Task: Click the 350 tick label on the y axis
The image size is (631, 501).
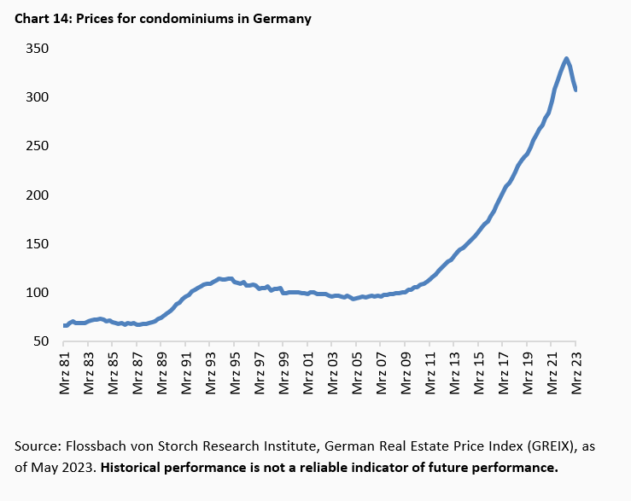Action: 36,49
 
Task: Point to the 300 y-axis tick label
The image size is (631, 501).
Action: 36,97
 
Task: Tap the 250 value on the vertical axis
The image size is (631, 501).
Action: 36,146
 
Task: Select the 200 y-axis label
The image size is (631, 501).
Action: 36,195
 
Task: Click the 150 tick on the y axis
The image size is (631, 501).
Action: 36,244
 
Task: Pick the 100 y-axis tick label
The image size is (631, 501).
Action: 36,293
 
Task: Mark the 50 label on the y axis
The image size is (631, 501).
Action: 39,341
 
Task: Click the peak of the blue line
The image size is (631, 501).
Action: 566,59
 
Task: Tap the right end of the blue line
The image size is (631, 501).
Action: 575,90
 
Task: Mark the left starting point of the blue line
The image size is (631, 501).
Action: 65,325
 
